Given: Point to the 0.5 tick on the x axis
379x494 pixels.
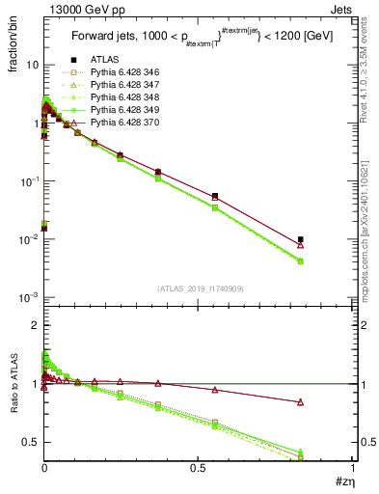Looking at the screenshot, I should [198, 468].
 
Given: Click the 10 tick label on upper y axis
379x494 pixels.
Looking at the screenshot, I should [32, 65].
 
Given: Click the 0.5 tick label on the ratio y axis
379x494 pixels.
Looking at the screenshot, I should [31, 442].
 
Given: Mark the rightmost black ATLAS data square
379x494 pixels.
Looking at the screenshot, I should [301, 239].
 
